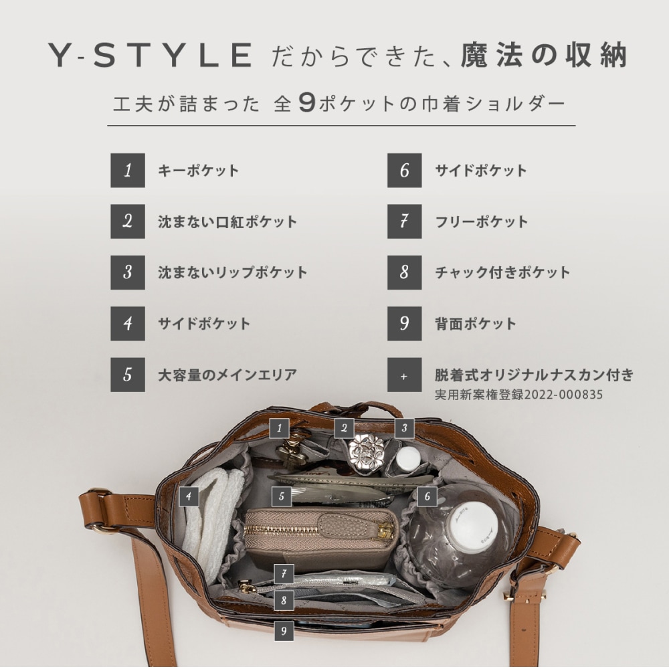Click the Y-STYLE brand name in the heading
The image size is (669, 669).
[149, 55]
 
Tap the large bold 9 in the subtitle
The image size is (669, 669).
[307, 103]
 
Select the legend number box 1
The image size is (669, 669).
[128, 170]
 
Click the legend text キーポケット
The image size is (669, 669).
[199, 171]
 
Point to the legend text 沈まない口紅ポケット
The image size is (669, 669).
[227, 222]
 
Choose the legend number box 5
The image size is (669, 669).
[128, 375]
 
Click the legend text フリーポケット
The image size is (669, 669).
[481, 222]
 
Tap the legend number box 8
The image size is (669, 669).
[405, 273]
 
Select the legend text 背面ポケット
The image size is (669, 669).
[475, 323]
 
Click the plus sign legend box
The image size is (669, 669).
[405, 375]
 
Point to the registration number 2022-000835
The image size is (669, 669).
[563, 395]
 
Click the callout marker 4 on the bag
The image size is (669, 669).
[189, 496]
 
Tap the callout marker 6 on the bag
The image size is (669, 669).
[427, 496]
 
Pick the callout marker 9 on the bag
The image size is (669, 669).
[284, 631]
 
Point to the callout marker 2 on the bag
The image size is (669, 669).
[345, 428]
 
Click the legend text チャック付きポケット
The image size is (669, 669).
[502, 273]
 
